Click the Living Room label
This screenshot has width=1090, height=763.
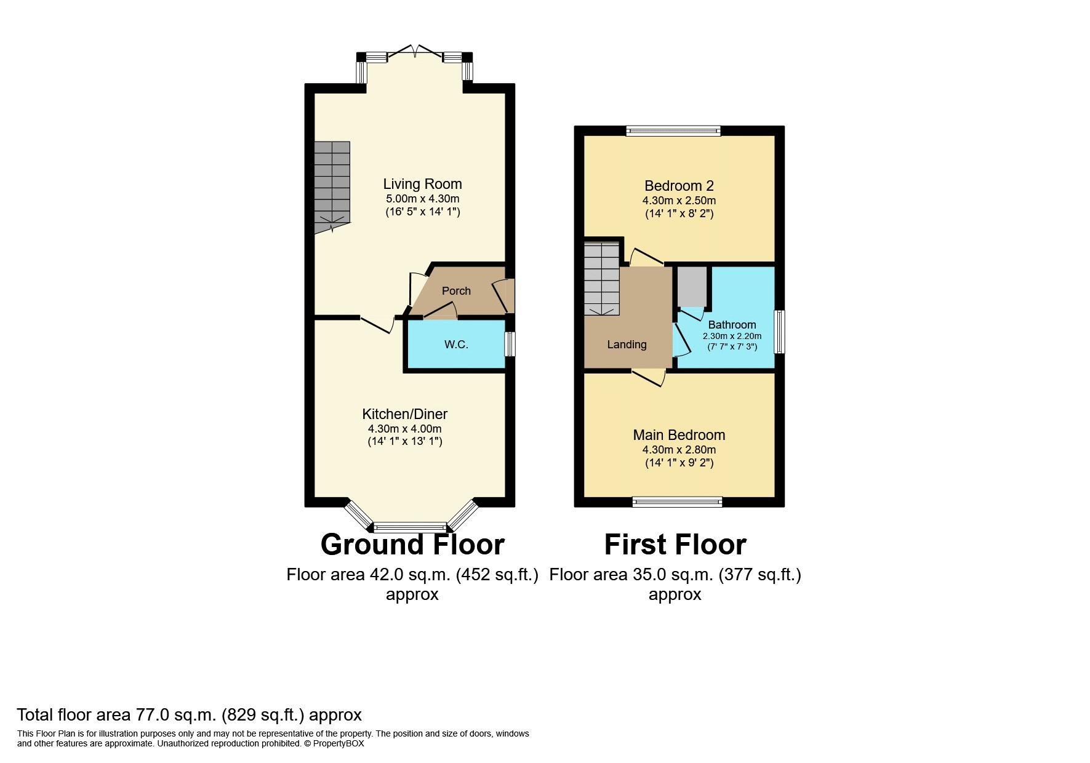point(422,184)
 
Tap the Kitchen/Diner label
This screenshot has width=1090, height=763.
point(404,414)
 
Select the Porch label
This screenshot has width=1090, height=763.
point(456,291)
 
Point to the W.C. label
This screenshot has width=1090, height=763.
point(456,345)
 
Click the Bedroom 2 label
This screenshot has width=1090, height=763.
point(679,186)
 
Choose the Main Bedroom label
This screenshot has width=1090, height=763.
point(679,435)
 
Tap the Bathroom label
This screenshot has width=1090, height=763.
point(732,325)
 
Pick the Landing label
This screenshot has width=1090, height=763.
point(627,345)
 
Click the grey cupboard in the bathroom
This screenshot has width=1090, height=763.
point(692,287)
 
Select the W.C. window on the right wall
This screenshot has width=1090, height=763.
point(510,345)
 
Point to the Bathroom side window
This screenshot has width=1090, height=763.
point(780,332)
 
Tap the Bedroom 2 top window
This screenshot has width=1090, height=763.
point(673,130)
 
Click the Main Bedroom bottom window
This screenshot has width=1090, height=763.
point(678,502)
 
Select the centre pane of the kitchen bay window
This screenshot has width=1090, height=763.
point(410,527)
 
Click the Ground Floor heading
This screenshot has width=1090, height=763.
point(412,545)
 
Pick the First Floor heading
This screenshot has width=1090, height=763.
point(675,545)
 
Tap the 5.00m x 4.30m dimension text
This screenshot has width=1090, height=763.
point(422,199)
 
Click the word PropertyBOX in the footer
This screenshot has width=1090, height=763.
point(339,743)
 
